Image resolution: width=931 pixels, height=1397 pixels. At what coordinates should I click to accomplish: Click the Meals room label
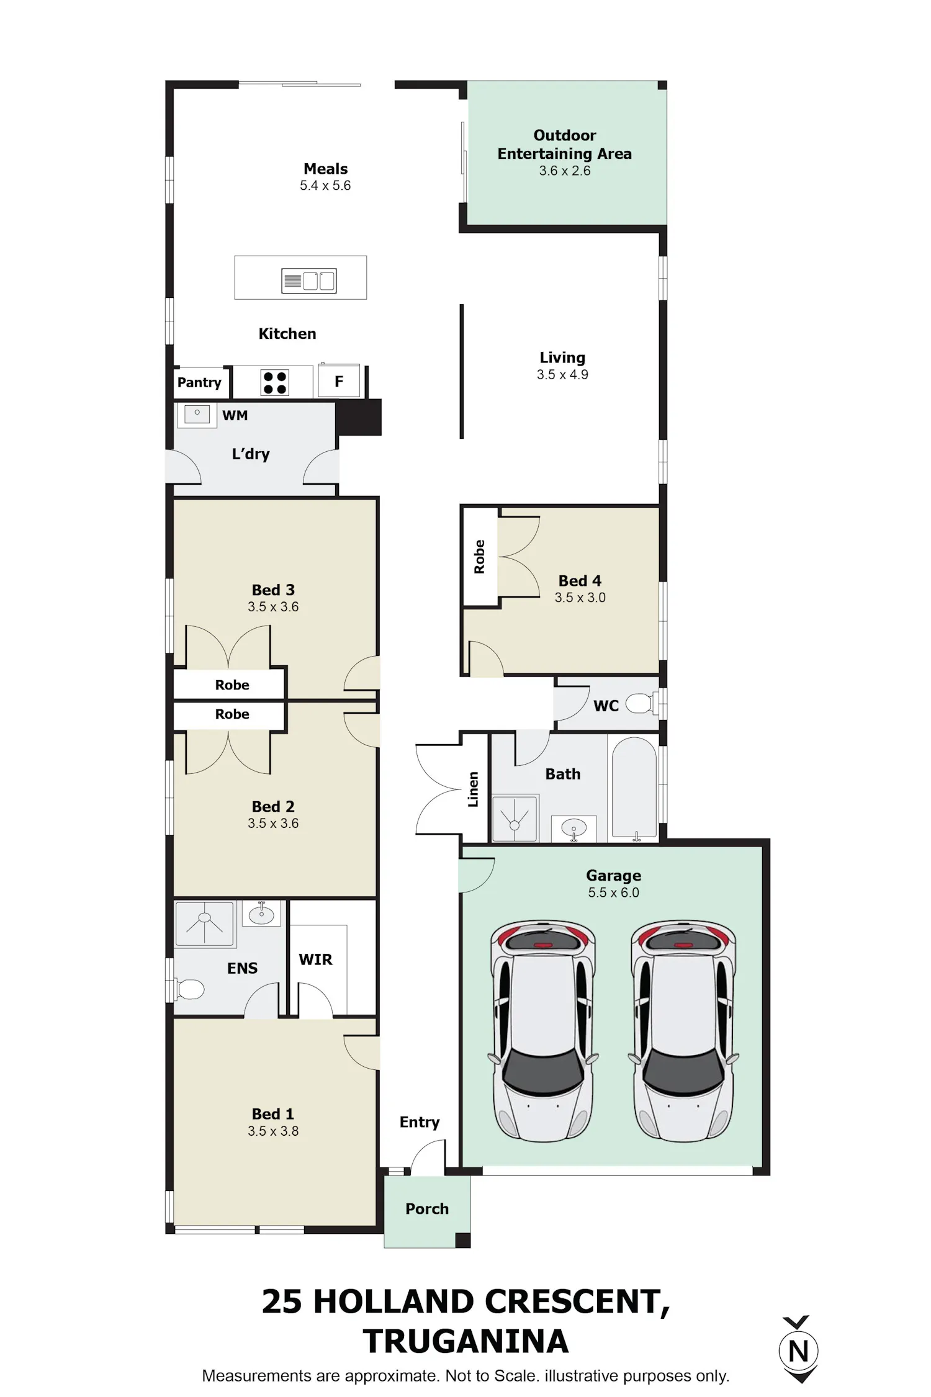[x=325, y=169]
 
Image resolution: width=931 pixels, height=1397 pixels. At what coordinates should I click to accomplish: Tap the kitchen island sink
[x=308, y=281]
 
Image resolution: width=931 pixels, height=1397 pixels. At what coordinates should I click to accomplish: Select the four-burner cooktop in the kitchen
[x=274, y=382]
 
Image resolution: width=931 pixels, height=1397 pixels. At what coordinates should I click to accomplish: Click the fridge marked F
[x=339, y=381]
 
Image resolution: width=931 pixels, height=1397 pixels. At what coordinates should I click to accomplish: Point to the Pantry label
[x=199, y=382]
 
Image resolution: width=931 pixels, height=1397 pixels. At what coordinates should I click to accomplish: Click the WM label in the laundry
[x=235, y=415]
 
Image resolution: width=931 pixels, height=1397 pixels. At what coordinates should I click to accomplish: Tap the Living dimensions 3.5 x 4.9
[x=562, y=374]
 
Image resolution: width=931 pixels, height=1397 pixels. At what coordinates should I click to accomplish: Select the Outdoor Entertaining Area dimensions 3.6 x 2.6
[x=564, y=171]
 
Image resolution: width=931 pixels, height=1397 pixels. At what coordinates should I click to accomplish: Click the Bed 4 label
[x=580, y=581]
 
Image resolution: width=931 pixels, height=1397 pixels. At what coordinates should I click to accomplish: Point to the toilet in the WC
[x=639, y=704]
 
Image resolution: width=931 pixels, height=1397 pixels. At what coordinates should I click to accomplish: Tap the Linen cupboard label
[x=473, y=789]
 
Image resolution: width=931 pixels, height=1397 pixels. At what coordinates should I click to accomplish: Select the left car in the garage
[x=542, y=1031]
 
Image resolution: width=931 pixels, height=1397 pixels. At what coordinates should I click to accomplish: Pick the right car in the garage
[x=683, y=1031]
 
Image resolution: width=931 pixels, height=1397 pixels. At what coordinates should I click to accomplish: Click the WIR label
[x=315, y=959]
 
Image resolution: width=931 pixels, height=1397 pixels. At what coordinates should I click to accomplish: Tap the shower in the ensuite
[x=204, y=924]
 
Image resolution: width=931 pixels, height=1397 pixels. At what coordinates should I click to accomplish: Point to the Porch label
[x=427, y=1208]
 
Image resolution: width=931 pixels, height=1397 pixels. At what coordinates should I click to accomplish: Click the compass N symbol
[x=799, y=1351]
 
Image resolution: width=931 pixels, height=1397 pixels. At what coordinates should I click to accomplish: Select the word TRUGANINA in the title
[x=465, y=1341]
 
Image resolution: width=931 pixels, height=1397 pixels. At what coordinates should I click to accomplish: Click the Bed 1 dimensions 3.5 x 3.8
[x=273, y=1131]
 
